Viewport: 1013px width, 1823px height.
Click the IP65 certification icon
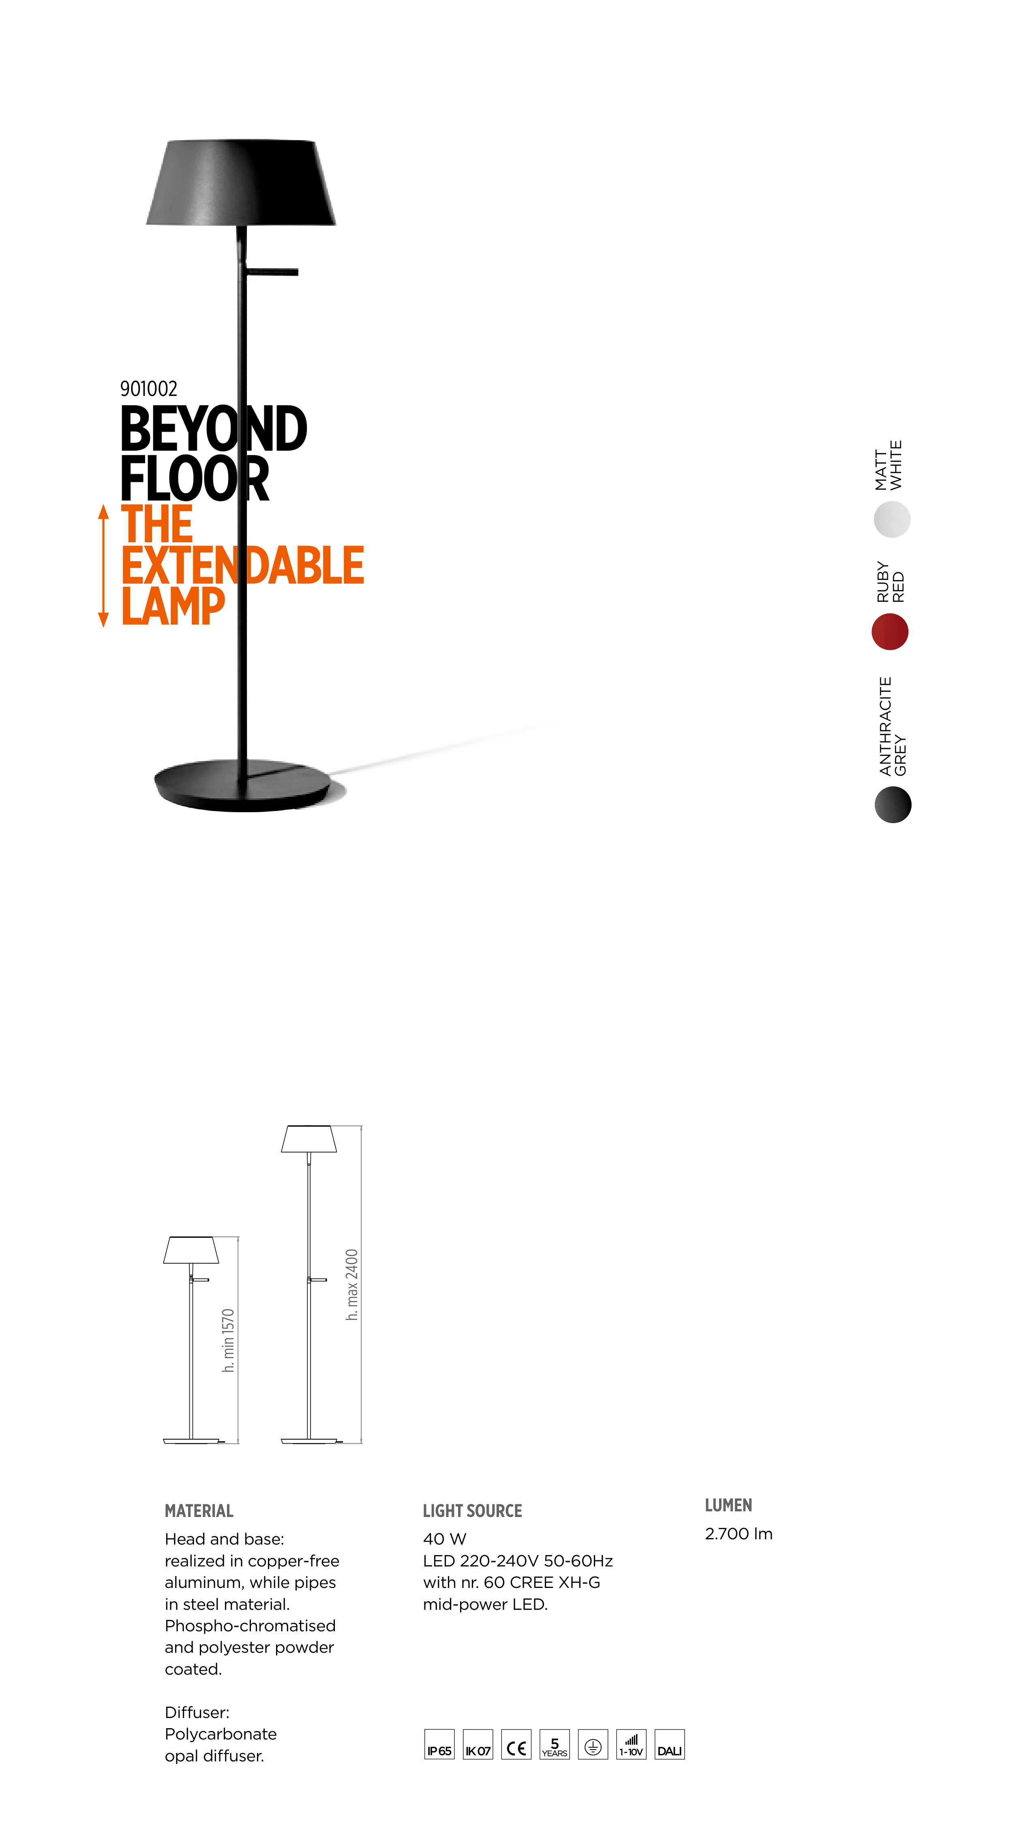tap(439, 1744)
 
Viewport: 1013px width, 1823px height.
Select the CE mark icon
tap(516, 1744)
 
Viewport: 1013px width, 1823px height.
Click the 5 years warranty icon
tap(554, 1744)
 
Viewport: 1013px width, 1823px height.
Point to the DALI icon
tap(669, 1744)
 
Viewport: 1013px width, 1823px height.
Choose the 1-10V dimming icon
tap(631, 1744)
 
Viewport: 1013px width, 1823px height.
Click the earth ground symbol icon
tap(593, 1744)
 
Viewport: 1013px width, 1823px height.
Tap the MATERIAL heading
tap(199, 1511)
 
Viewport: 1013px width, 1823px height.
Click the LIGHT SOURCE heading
tap(472, 1511)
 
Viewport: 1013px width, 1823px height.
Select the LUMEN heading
tap(728, 1505)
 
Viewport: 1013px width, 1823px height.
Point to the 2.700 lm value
tap(738, 1534)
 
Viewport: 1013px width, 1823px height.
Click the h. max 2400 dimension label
tap(352, 1284)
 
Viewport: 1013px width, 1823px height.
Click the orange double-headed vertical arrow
tap(103, 565)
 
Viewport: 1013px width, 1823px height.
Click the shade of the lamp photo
tap(241, 182)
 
